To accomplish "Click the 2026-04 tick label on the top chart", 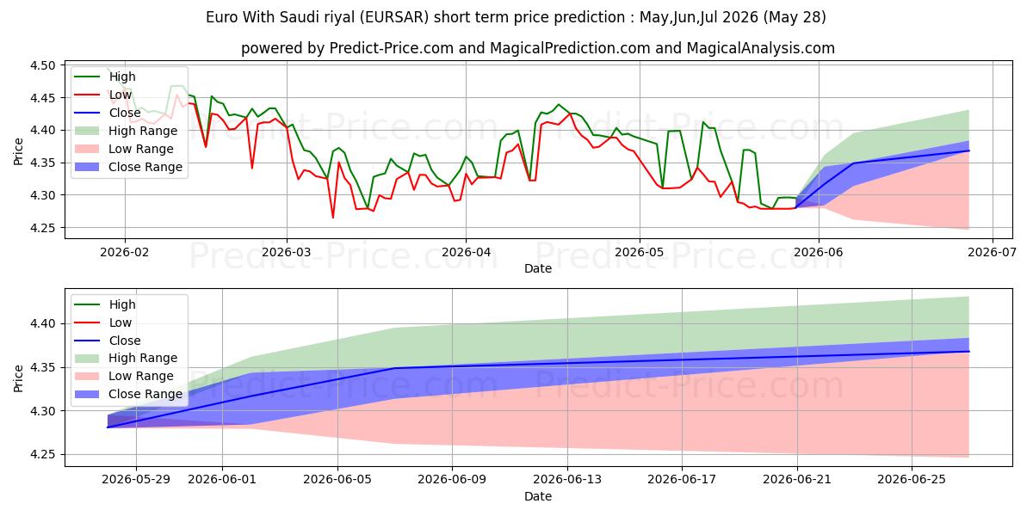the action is coord(466,253).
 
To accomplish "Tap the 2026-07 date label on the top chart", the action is coord(992,253).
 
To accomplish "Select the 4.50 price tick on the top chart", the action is coord(42,65).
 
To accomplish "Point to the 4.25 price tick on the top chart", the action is coord(42,228).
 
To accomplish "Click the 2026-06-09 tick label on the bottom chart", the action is coord(452,480).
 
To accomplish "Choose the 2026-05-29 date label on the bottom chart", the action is coord(136,480).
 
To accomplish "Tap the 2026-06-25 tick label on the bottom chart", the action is coord(912,480).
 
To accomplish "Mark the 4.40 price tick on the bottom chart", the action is coord(42,324).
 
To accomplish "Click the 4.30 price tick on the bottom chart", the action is coord(42,411).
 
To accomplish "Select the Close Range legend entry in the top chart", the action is coord(128,167).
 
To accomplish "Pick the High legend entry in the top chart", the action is coord(105,77).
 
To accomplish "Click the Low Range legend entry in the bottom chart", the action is coord(124,376).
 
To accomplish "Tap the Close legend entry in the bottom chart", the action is coord(108,341).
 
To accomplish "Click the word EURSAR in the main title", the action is coord(395,17).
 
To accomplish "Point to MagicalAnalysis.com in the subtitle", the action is coord(760,48).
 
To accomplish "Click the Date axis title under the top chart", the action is coord(538,268).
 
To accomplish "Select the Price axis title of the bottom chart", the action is coord(18,378).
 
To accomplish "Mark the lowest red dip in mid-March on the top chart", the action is coord(333,218).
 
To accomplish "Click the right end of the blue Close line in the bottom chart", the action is coord(969,352).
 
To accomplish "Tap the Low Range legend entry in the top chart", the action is coord(124,149).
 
